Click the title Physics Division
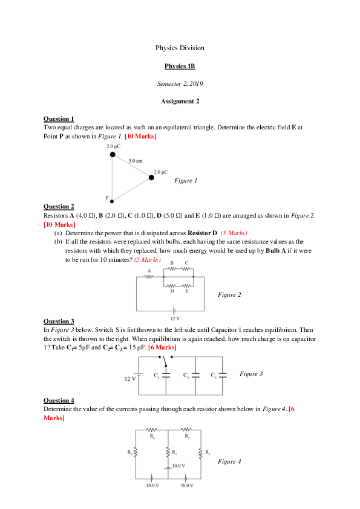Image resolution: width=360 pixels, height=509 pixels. pos(180,48)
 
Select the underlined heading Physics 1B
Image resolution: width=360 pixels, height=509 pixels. pos(180,66)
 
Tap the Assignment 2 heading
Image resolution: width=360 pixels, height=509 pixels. pos(180,101)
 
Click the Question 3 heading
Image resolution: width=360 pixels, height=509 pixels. pos(59,321)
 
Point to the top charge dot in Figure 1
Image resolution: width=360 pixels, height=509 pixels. pos(112,155)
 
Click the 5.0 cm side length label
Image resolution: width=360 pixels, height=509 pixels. pos(136,161)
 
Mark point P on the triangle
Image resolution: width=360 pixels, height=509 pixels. pos(107,198)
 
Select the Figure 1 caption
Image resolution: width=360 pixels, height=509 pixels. pos(186,180)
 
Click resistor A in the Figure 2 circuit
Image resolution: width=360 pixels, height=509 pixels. pos(149,277)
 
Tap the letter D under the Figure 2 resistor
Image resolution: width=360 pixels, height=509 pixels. pos(172,291)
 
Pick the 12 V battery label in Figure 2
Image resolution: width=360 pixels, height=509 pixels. pos(174,318)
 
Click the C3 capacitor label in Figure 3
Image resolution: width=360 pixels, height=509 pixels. pos(213,375)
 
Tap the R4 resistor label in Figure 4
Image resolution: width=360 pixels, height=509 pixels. pos(151,435)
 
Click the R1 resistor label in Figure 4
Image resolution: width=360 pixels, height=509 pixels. pos(130,452)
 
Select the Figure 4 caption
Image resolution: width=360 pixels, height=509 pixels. pos(229,462)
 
